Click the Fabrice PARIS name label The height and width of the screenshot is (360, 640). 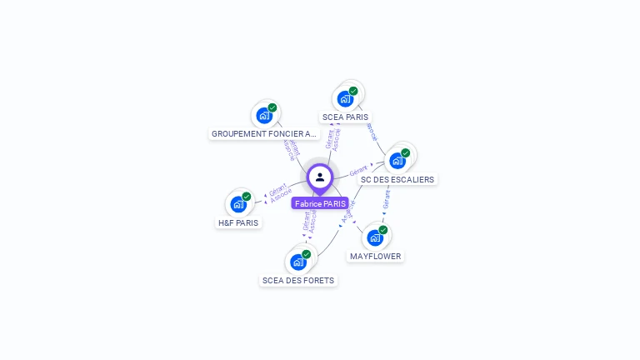pyautogui.click(x=320, y=203)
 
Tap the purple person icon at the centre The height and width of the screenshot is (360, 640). pyautogui.click(x=320, y=177)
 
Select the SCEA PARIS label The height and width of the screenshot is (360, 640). pyautogui.click(x=345, y=117)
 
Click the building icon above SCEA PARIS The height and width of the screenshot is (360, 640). pyautogui.click(x=345, y=98)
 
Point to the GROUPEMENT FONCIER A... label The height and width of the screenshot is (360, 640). pyautogui.click(x=264, y=133)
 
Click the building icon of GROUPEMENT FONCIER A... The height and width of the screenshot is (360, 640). pyautogui.click(x=264, y=115)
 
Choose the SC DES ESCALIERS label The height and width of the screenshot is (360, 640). pyautogui.click(x=397, y=179)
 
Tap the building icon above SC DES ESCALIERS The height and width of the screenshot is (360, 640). pyautogui.click(x=397, y=161)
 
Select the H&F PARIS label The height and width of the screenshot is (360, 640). pyautogui.click(x=238, y=222)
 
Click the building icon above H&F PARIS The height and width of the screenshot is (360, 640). pyautogui.click(x=238, y=204)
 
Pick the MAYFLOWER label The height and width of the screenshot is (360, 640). pyautogui.click(x=375, y=256)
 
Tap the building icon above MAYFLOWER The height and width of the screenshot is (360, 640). pyautogui.click(x=375, y=237)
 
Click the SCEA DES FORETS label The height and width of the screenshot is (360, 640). pyautogui.click(x=298, y=281)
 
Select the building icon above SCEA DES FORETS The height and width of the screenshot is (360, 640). pyautogui.click(x=298, y=262)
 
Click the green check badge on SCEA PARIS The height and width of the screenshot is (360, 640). pyautogui.click(x=353, y=91)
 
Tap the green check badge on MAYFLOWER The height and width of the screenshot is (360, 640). pyautogui.click(x=383, y=230)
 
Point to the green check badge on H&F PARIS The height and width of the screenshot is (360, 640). pyautogui.click(x=247, y=197)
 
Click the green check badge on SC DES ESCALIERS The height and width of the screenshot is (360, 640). pyautogui.click(x=406, y=153)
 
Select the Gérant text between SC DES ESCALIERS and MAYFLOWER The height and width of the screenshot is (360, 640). pyautogui.click(x=386, y=198)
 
